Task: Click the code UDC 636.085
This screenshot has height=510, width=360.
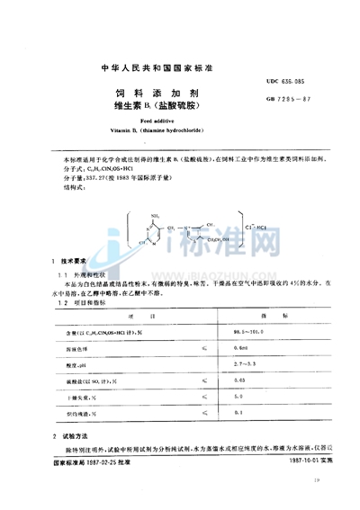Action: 286,81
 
